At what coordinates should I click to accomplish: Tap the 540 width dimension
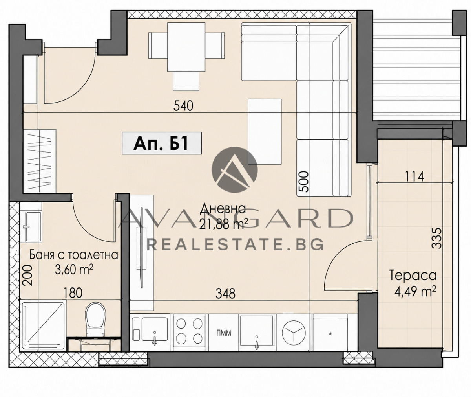click(183, 106)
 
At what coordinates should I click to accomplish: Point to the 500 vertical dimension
click(303, 182)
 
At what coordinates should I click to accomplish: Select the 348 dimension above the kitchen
click(225, 294)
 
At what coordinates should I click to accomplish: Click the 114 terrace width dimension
click(414, 177)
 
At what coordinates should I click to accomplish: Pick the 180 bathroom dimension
click(73, 293)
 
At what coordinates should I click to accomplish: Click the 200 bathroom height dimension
click(28, 275)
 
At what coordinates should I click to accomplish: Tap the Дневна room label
click(223, 209)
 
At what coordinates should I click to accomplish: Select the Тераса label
click(413, 276)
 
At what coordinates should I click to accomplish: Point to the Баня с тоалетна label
click(74, 255)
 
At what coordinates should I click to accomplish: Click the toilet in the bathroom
click(96, 319)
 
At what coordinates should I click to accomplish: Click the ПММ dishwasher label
click(224, 333)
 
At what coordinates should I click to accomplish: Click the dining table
click(186, 47)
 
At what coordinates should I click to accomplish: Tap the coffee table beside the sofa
click(265, 132)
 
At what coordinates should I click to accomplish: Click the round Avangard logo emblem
click(235, 169)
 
